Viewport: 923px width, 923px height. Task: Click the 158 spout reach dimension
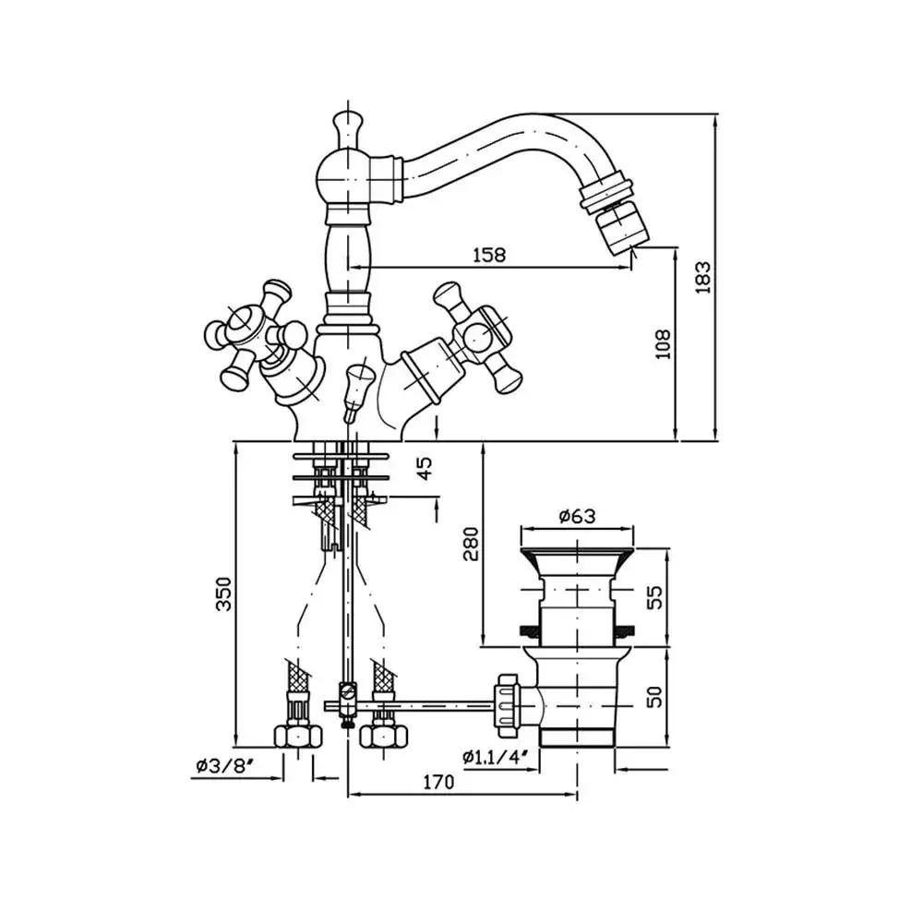pos(489,255)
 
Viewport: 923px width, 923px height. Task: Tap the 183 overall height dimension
pos(702,277)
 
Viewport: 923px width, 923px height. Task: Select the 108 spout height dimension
pos(663,344)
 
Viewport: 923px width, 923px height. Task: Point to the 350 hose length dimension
pos(223,593)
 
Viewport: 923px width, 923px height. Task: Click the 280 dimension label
pos(471,544)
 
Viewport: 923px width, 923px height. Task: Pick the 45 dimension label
pos(424,468)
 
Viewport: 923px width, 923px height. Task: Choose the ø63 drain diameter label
pos(577,516)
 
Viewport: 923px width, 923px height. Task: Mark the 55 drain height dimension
pos(654,597)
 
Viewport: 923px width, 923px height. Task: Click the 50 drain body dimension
pos(654,696)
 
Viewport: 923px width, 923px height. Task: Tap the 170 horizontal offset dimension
pos(438,782)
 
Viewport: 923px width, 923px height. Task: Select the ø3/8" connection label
pos(225,765)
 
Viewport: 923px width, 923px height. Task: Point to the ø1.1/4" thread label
pos(495,756)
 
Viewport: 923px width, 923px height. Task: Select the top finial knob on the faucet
pos(347,129)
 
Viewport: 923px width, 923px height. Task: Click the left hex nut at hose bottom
pos(298,736)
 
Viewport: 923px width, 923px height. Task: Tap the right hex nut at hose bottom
pos(384,736)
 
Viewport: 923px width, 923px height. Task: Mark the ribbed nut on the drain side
pos(507,705)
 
